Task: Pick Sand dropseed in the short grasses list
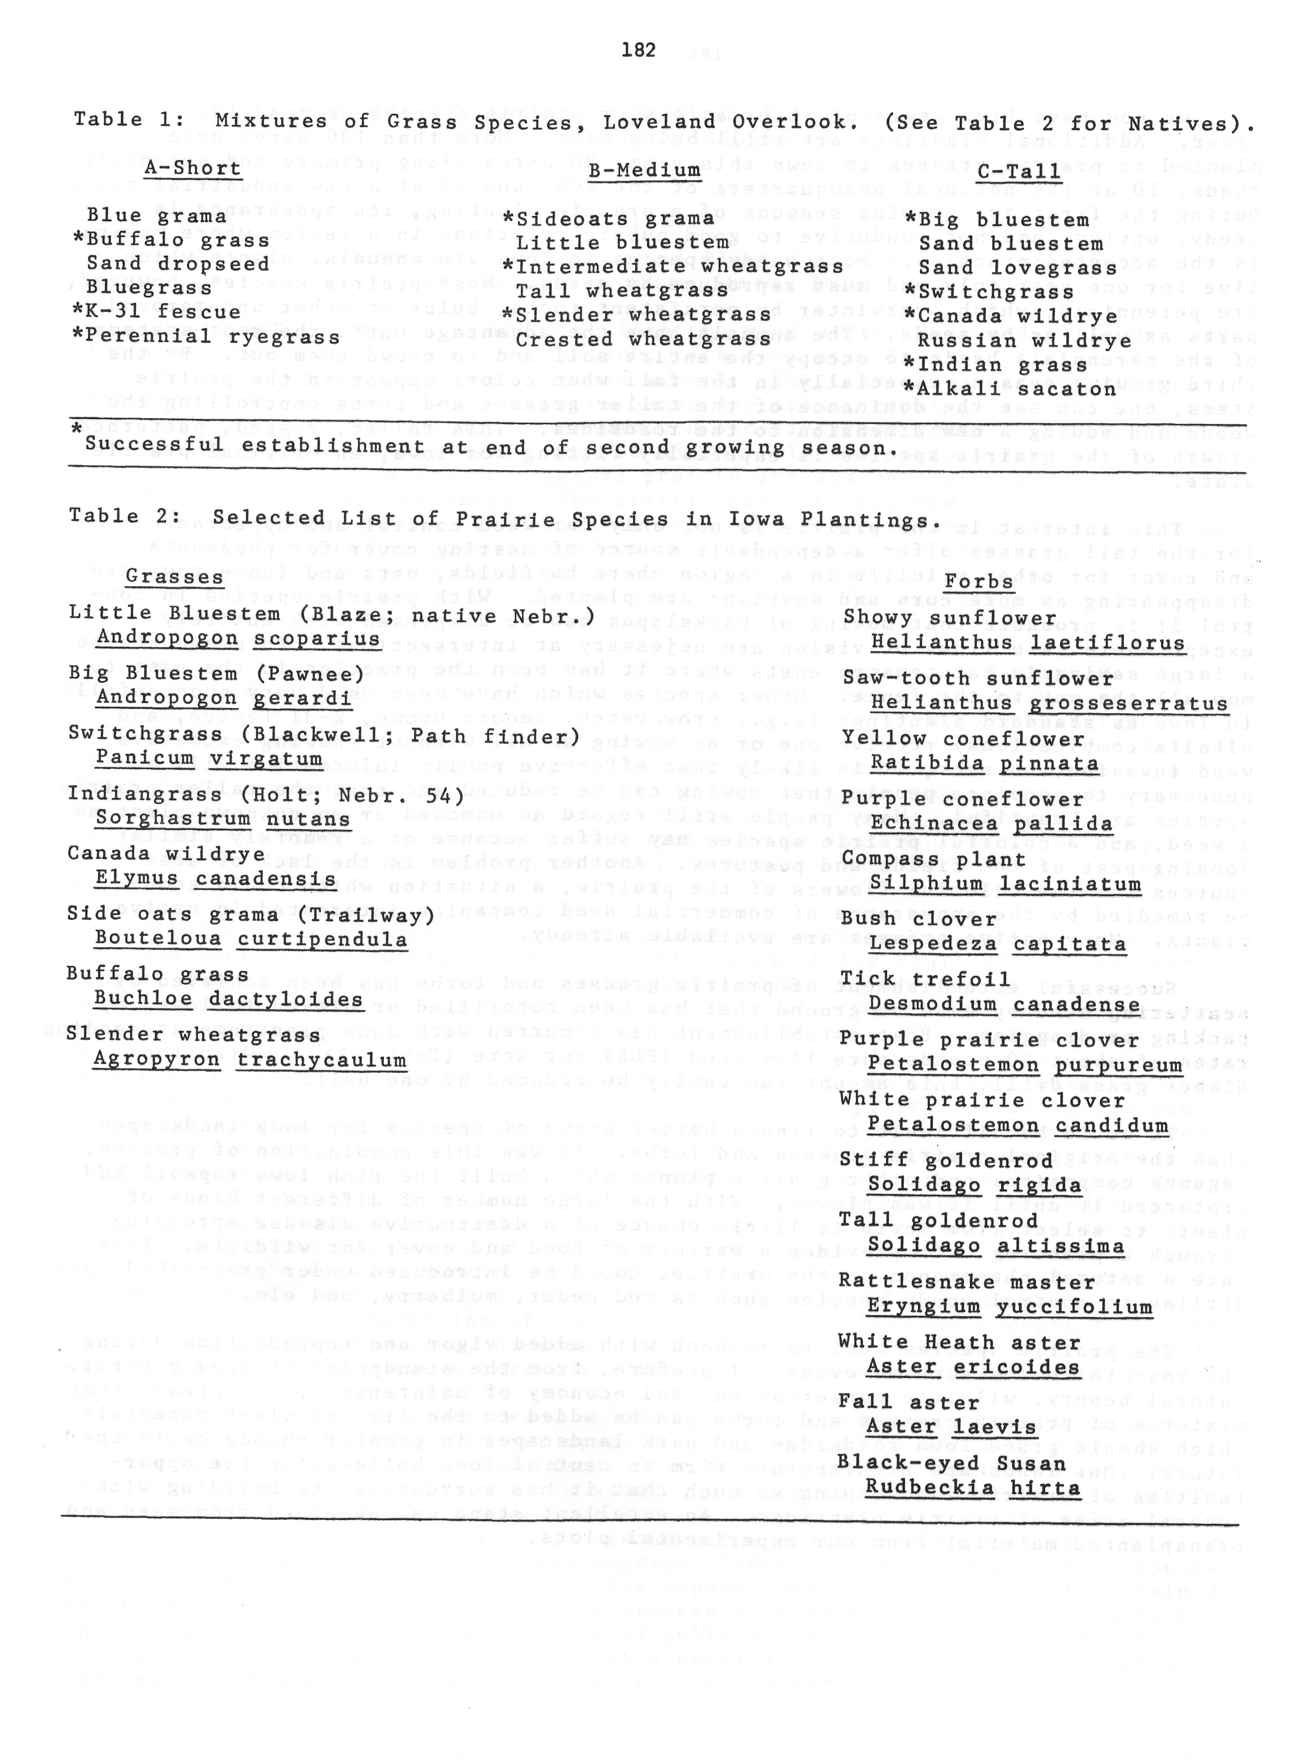(x=178, y=263)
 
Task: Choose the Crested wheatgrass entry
(x=643, y=340)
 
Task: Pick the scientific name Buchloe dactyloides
(x=228, y=1000)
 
